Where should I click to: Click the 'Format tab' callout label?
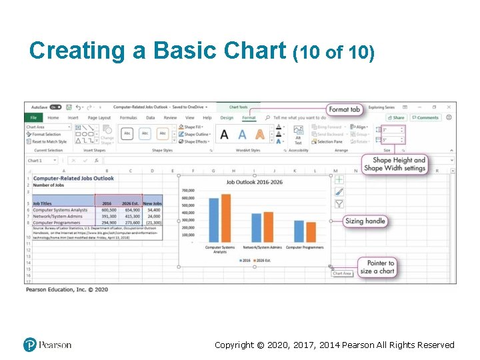click(345, 109)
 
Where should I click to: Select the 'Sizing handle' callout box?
click(366, 221)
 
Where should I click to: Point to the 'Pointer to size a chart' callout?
click(377, 267)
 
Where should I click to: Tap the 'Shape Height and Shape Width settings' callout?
click(399, 164)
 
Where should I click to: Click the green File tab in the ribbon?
click(33, 118)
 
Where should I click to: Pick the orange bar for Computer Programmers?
click(310, 232)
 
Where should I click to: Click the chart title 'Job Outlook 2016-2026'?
click(254, 182)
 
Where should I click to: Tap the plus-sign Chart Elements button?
click(339, 179)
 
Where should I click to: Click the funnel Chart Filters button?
click(339, 203)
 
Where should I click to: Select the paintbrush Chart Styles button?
click(339, 191)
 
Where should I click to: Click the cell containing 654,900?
click(131, 210)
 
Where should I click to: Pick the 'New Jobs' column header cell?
click(152, 203)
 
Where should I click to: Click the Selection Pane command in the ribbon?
click(329, 141)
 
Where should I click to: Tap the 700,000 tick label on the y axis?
click(188, 191)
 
